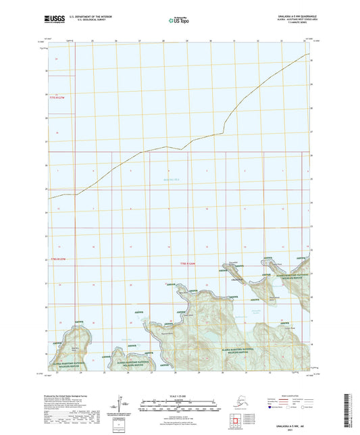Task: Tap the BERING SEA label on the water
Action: [x=173, y=178]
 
